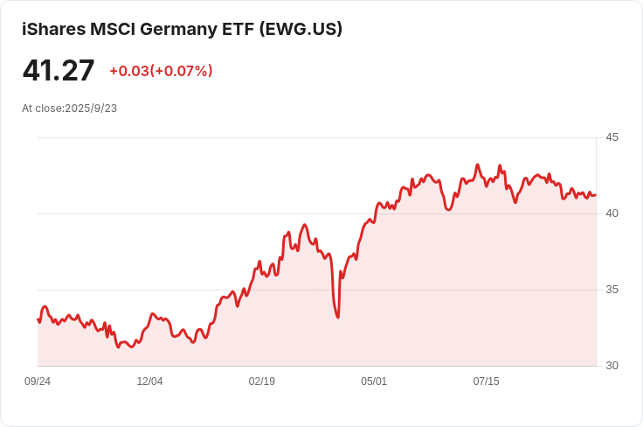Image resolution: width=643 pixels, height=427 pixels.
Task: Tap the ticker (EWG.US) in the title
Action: [x=301, y=29]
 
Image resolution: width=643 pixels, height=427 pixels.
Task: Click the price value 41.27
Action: [x=59, y=70]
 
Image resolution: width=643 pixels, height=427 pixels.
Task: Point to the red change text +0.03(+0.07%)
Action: [x=161, y=71]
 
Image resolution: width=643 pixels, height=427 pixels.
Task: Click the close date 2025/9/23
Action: [x=91, y=108]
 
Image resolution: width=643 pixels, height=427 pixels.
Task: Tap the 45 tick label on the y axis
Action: [x=612, y=137]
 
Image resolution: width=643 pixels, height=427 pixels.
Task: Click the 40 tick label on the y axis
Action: [x=612, y=213]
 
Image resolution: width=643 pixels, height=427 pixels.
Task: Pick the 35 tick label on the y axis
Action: [x=612, y=290]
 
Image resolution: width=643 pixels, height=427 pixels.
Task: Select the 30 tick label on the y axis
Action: [x=612, y=366]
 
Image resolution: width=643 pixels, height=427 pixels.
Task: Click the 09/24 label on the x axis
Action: [x=38, y=381]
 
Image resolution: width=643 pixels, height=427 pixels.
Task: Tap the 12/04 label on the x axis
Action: [x=149, y=381]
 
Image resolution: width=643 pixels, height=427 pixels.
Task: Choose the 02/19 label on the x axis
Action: [x=262, y=381]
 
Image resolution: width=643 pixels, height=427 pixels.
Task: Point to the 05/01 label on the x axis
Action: [x=374, y=381]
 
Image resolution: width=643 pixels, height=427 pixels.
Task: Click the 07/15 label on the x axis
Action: [x=486, y=381]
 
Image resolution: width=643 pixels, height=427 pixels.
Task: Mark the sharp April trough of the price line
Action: [x=337, y=317]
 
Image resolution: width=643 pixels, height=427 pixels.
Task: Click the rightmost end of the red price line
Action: [x=596, y=194]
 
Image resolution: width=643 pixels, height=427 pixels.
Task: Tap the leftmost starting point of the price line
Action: [x=38, y=319]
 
